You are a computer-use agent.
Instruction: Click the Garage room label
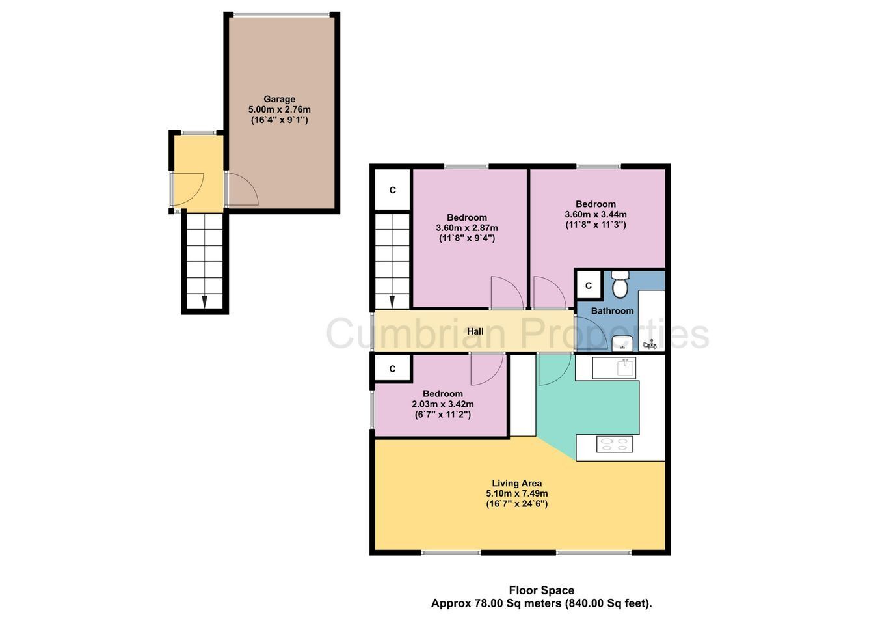coord(279,99)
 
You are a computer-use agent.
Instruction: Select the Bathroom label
coord(612,311)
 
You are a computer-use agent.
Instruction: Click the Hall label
coord(475,331)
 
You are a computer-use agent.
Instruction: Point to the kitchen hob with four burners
coord(614,445)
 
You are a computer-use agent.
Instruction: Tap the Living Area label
coord(516,483)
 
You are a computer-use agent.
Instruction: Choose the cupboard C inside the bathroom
coord(589,286)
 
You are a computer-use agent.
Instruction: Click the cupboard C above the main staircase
coord(392,190)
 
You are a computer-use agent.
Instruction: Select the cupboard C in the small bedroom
coord(392,368)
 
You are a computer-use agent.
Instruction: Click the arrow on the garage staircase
coord(204,301)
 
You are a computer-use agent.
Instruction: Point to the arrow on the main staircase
coord(392,301)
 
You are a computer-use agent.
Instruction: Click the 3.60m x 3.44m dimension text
coord(595,215)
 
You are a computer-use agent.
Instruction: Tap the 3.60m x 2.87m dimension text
coord(467,228)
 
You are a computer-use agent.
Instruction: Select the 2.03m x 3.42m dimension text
coord(442,404)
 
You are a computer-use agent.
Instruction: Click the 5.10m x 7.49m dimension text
coord(516,493)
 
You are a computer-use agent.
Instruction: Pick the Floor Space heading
coord(541,590)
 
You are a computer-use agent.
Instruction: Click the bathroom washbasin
coord(622,343)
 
